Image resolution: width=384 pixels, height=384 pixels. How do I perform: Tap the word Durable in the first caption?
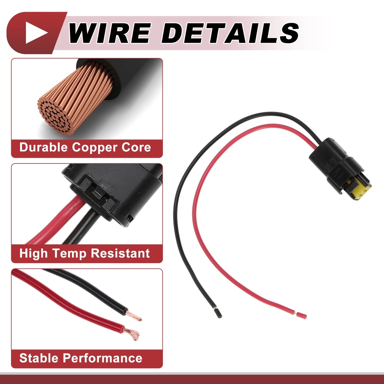[44, 147]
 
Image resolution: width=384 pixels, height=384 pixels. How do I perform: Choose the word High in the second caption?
[34, 254]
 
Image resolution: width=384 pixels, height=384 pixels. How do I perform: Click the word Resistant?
[120, 253]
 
